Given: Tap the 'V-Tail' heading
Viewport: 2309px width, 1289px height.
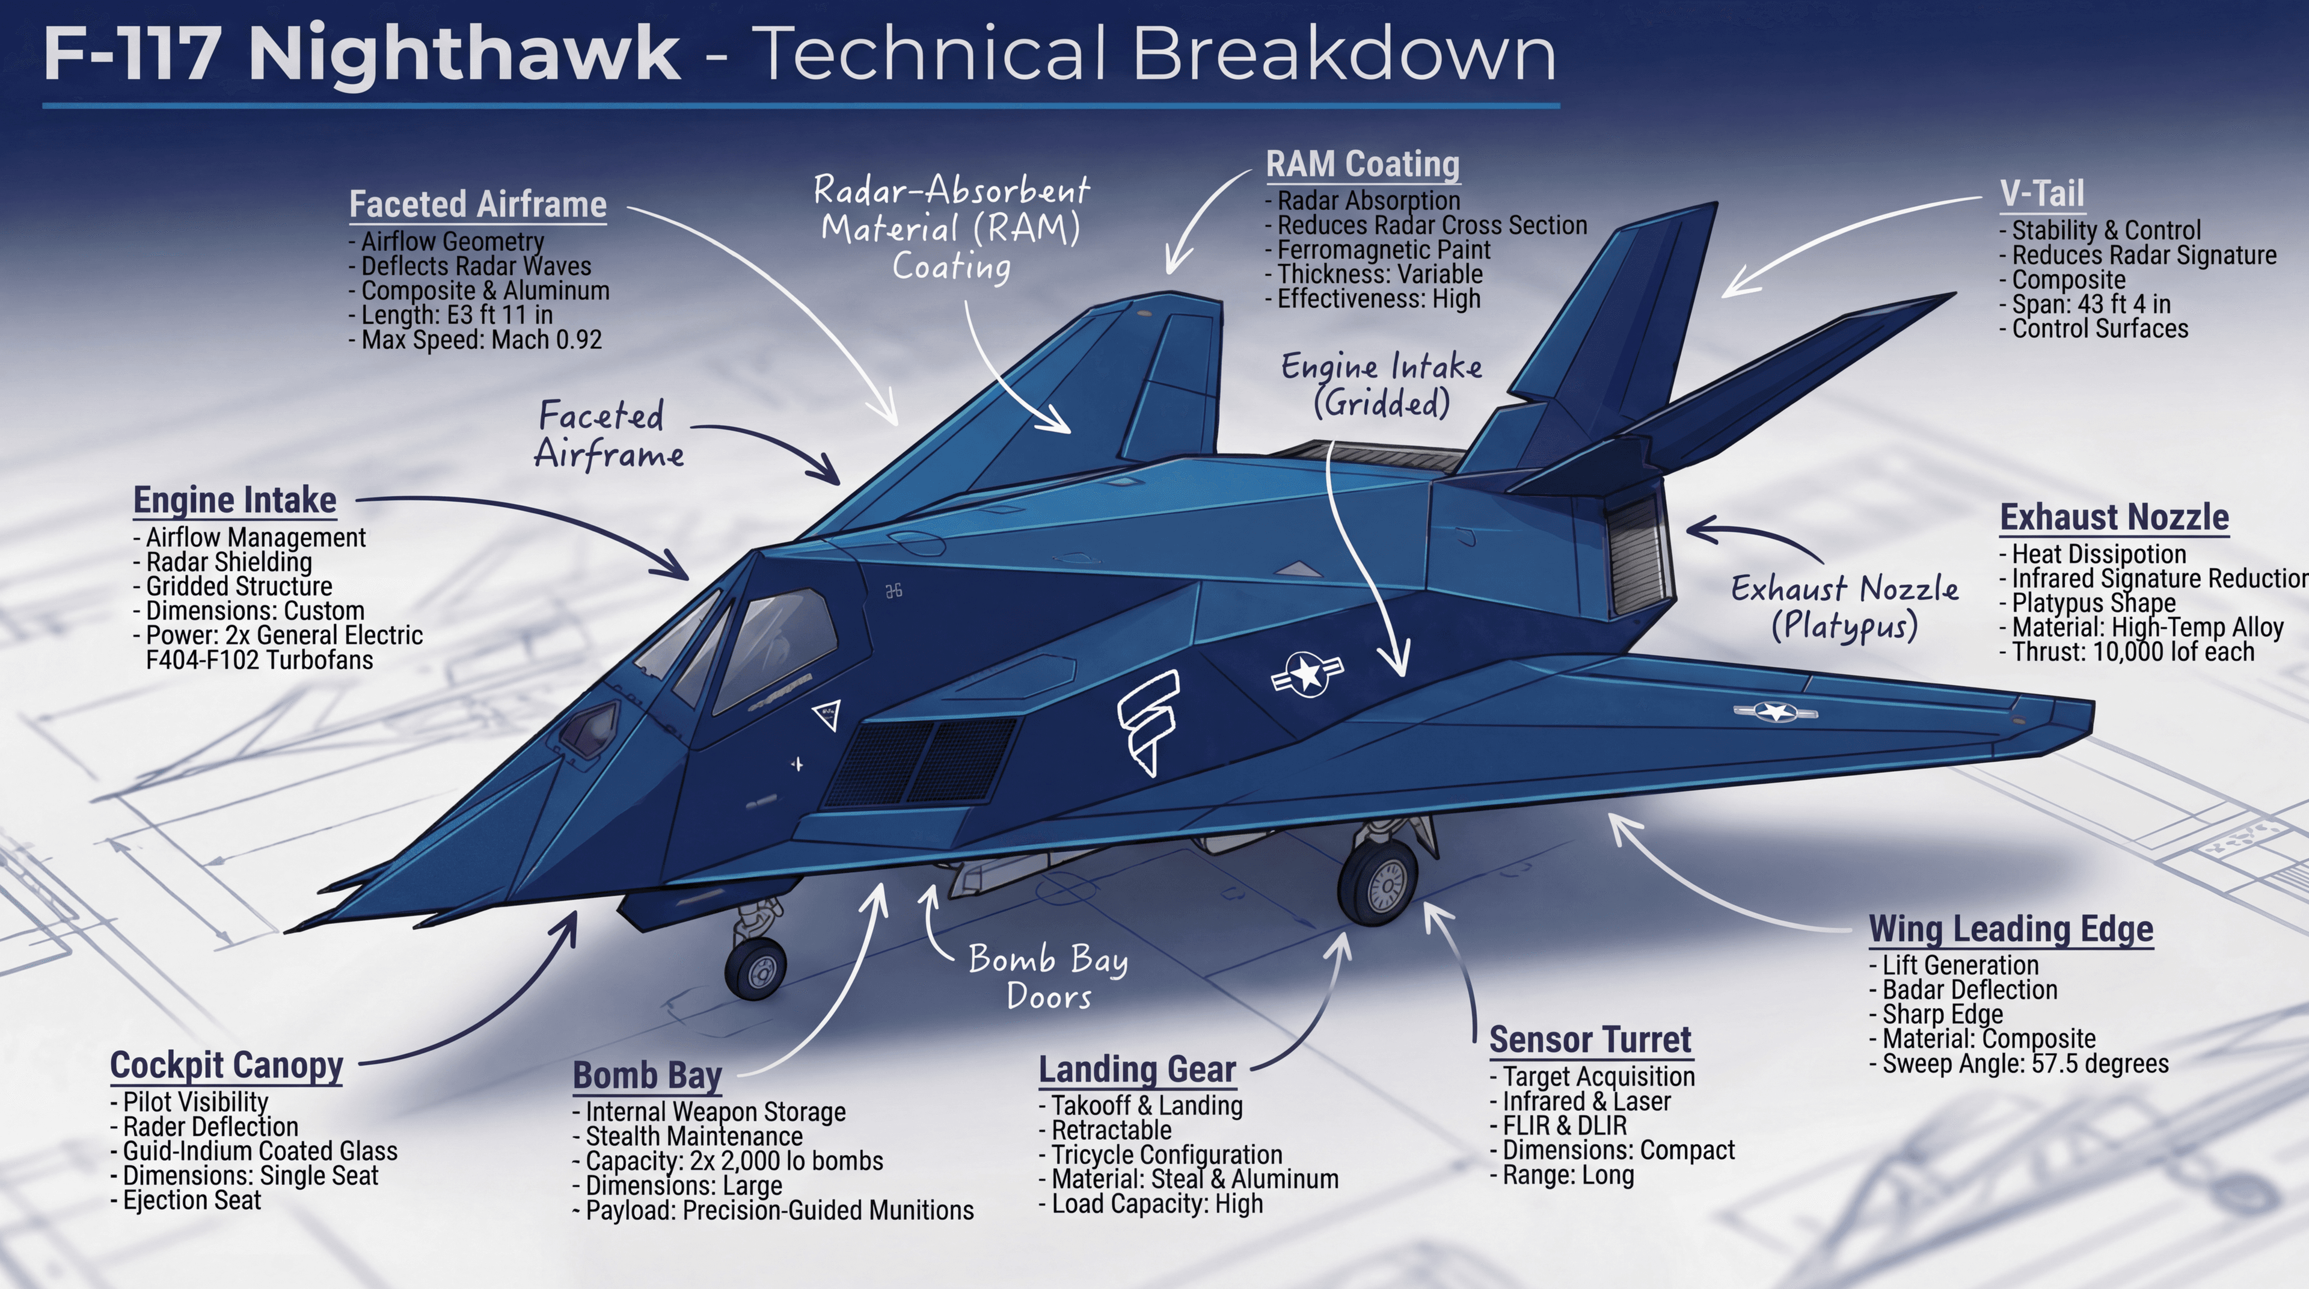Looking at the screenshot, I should [2042, 194].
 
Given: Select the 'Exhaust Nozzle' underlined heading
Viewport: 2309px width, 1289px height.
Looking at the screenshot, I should [2114, 517].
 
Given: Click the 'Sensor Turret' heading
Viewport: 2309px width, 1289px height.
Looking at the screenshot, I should [1589, 1040].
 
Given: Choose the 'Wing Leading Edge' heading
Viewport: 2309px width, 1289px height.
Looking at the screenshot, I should [2011, 929].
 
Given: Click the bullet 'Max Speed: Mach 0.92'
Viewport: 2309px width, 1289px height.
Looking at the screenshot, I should [480, 340].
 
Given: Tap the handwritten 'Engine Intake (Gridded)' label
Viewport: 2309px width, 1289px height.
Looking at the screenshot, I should [1381, 384].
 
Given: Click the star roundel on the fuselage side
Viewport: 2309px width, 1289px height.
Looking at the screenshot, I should [1307, 673].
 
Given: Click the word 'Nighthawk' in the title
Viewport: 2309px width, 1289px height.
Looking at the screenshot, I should [464, 55].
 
